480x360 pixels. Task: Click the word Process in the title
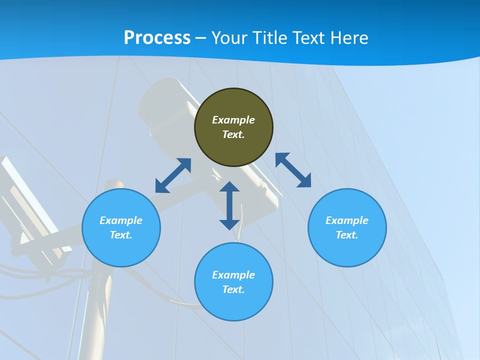click(x=157, y=38)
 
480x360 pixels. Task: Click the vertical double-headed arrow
click(x=229, y=205)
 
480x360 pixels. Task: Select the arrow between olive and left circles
click(x=173, y=175)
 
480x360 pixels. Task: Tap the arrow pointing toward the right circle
click(x=293, y=170)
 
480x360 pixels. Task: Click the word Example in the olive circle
click(x=233, y=120)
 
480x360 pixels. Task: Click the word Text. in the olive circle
click(x=233, y=134)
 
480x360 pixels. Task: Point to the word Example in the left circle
click(x=121, y=220)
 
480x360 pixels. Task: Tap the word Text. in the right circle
click(x=347, y=235)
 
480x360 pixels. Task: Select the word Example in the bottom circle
click(x=233, y=275)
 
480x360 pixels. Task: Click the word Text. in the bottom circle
click(x=233, y=289)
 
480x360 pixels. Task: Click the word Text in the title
click(x=310, y=38)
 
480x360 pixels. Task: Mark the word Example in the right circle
click(x=347, y=220)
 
